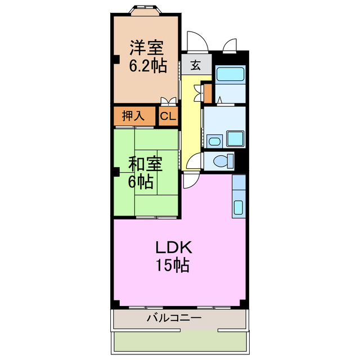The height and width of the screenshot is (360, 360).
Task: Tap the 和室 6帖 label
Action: click(x=145, y=172)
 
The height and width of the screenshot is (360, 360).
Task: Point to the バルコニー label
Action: click(x=174, y=318)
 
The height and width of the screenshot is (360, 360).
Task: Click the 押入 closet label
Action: click(x=132, y=116)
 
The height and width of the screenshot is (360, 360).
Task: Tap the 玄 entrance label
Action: click(x=195, y=65)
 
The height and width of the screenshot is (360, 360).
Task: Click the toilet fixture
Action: click(x=223, y=161)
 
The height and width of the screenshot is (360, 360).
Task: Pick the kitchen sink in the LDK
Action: click(x=238, y=207)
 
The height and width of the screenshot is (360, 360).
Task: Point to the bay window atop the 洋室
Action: click(x=146, y=10)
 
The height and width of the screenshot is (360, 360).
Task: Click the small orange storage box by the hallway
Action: click(x=207, y=92)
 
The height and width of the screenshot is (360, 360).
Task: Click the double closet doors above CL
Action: click(x=168, y=102)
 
